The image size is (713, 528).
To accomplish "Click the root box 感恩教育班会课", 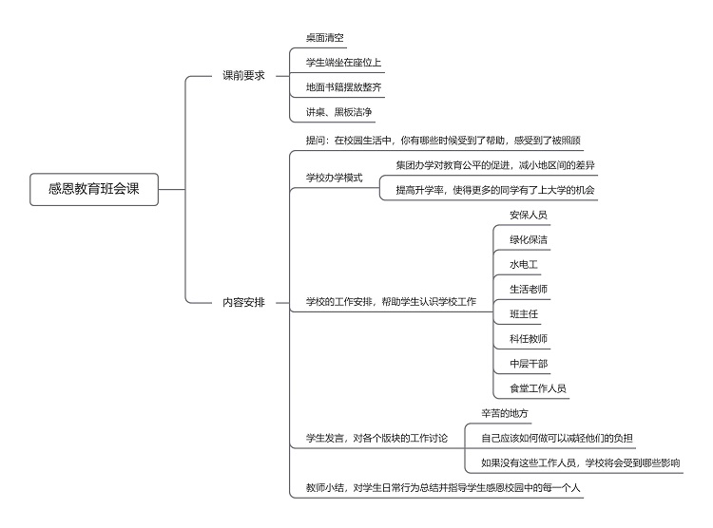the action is click(94, 189).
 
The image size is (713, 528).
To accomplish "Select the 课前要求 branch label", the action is click(243, 75).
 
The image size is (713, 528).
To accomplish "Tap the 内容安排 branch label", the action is click(243, 302).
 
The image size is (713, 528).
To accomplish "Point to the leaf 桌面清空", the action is click(325, 38).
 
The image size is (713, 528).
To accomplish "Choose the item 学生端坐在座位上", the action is click(343, 63).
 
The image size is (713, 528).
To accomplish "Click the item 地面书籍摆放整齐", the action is click(343, 87).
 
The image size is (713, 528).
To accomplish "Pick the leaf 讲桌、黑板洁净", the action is click(338, 112).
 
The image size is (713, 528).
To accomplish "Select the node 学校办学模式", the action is click(335, 178).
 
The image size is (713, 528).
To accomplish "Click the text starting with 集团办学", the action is click(495, 165).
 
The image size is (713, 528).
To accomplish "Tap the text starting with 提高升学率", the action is click(495, 190).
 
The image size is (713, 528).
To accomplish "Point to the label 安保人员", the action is click(529, 215).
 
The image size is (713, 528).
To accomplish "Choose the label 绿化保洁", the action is click(529, 239).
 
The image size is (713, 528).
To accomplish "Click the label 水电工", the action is click(524, 264).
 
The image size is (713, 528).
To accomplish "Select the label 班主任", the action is click(524, 314).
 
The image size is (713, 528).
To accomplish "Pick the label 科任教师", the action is click(529, 338).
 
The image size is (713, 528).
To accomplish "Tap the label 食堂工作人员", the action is click(537, 388).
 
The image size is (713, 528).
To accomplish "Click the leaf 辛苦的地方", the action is click(505, 413).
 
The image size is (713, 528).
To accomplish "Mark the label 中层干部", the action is click(529, 364).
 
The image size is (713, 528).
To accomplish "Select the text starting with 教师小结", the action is click(443, 487).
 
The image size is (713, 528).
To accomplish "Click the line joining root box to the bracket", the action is click(172, 189).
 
